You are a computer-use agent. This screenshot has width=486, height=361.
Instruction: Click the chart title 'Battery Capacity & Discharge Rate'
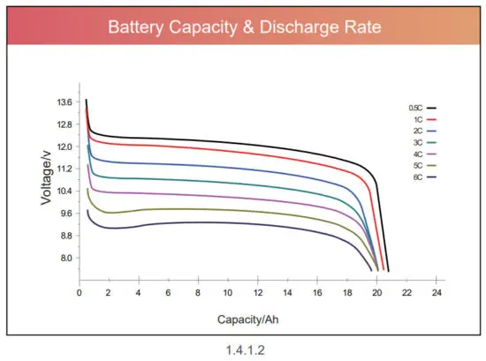243,27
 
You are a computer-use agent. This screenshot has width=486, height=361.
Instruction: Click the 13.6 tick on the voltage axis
64,102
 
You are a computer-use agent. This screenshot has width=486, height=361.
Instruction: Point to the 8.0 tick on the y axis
65,259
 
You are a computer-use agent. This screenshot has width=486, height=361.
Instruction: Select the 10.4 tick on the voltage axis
64,192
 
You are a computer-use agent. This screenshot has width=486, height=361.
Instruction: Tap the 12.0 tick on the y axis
64,147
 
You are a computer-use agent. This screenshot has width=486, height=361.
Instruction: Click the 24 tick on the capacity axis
436,292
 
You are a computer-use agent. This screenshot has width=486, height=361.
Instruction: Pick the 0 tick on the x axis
80,292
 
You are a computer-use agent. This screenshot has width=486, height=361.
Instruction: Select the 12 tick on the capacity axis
257,292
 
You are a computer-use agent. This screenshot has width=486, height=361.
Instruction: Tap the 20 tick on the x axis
376,292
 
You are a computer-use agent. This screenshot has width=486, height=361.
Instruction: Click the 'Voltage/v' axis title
45,177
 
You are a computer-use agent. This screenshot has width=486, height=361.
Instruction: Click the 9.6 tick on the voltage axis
65,214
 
